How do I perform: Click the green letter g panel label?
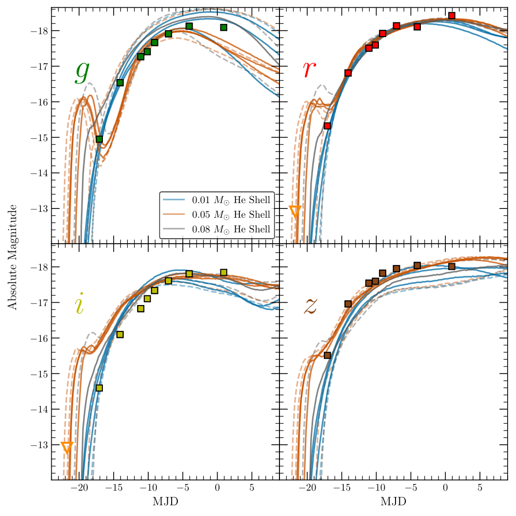(82, 71)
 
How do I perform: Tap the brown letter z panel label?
(310, 306)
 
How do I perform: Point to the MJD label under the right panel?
(393, 502)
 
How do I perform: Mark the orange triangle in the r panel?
(295, 211)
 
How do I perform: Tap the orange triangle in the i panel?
(67, 447)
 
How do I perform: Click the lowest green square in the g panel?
(99, 139)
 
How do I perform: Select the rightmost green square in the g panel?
(223, 27)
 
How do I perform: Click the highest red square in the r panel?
(452, 16)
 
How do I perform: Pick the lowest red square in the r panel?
(327, 126)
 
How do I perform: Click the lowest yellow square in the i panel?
(99, 388)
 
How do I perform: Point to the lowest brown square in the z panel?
(327, 355)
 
